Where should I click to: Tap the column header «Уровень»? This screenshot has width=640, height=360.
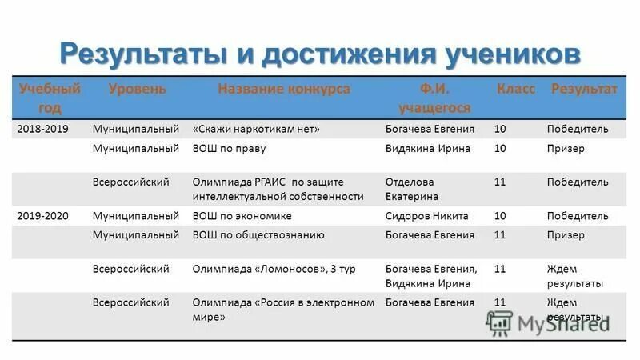coord(137,89)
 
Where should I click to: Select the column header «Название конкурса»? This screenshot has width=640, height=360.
coord(283,89)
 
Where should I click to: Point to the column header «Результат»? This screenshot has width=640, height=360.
coord(583,89)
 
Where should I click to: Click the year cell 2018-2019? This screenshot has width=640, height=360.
coord(42,129)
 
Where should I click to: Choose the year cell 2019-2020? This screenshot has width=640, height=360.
coord(42,216)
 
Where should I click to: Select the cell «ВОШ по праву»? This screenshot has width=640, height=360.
coord(229,148)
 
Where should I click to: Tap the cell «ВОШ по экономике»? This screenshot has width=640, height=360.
coord(242,216)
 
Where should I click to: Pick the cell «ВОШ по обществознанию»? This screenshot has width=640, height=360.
coord(258,235)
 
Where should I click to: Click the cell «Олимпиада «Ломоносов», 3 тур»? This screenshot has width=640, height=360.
coord(274,270)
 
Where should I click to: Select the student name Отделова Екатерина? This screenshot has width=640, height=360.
coord(412,189)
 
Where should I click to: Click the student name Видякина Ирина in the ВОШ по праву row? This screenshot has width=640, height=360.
coord(427,148)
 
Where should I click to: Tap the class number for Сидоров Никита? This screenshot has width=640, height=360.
coord(500,216)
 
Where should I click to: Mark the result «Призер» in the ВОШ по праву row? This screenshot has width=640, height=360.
coord(566,148)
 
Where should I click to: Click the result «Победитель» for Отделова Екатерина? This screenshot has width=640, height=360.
coord(577,182)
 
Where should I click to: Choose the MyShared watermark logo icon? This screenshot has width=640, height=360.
coord(500,322)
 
